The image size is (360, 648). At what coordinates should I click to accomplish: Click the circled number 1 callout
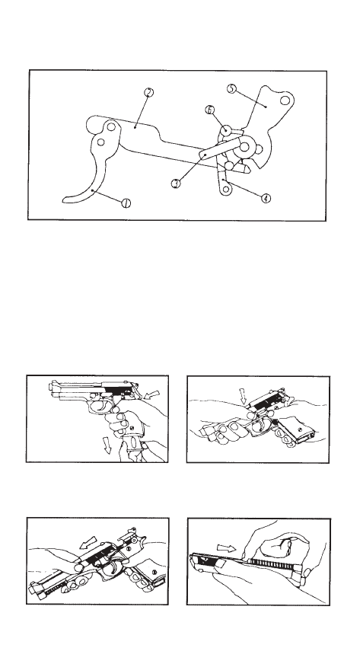(x=126, y=203)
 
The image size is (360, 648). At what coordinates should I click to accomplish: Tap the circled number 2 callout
(x=149, y=93)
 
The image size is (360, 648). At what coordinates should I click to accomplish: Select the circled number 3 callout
(x=176, y=183)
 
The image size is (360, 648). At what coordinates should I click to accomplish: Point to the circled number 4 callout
(x=266, y=198)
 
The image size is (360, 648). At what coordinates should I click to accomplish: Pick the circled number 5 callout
(x=231, y=88)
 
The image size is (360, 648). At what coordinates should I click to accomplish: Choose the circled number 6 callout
(x=210, y=110)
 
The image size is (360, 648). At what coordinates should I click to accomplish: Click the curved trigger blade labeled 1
(x=89, y=182)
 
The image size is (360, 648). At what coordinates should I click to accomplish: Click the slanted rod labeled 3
(x=220, y=148)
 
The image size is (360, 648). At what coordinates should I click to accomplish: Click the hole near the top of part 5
(x=285, y=101)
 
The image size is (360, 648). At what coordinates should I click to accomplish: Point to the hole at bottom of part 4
(x=225, y=190)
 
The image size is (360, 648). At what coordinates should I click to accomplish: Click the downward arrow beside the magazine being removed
(x=107, y=445)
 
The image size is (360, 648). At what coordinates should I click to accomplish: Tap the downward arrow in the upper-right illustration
(x=243, y=396)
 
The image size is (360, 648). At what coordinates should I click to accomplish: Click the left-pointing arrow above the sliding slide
(x=88, y=542)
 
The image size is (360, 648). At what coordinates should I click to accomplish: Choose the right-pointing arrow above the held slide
(x=226, y=548)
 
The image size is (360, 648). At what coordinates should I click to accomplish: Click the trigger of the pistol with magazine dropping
(x=100, y=408)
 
